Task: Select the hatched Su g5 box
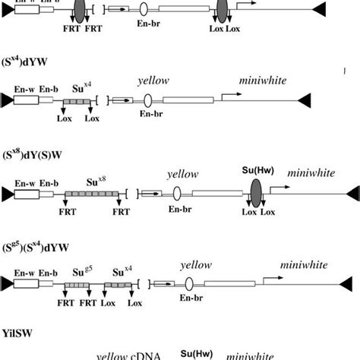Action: (x=74, y=283)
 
